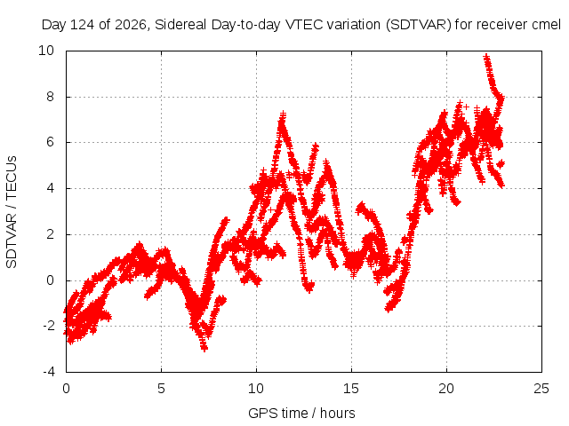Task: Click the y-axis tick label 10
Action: pos(46,51)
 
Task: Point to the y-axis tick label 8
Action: pos(50,97)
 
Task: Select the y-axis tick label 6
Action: pos(50,142)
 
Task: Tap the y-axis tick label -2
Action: pos(48,326)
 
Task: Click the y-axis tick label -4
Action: pos(48,372)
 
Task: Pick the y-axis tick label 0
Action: pos(50,280)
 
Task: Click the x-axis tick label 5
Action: pos(161,389)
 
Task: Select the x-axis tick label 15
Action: pos(351,389)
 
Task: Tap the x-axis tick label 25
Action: pos(541,389)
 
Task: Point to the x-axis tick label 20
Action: pos(446,389)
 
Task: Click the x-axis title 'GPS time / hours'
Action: pos(301,414)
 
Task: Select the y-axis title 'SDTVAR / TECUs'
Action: pos(12,212)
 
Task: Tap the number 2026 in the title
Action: pos(131,25)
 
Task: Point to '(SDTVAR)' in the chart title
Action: pos(419,25)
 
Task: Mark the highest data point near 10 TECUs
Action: pos(486,57)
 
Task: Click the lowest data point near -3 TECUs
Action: pos(204,349)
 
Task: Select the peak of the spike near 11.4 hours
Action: pos(283,114)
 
